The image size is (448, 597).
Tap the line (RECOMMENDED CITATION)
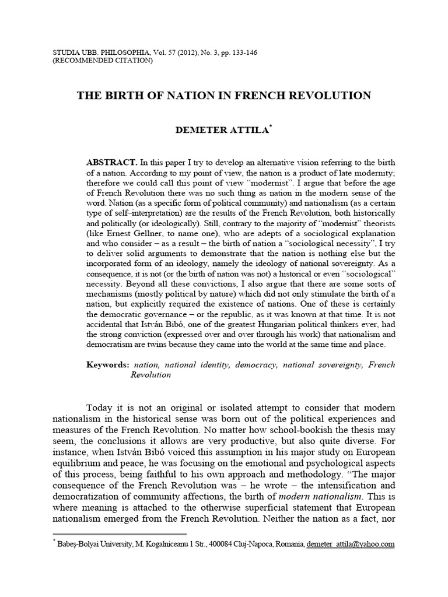[x=103, y=61]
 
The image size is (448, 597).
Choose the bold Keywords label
[x=108, y=365]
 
